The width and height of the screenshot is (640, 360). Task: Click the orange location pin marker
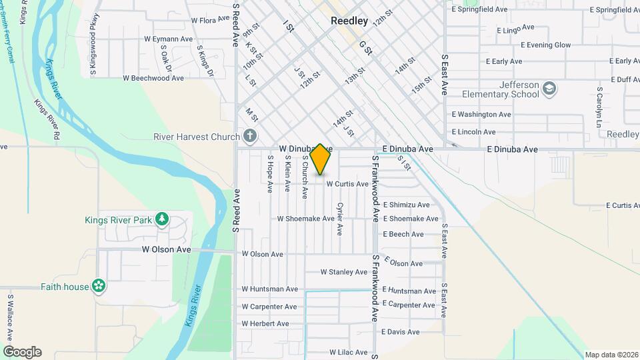321,159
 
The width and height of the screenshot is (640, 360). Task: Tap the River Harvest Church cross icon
250,137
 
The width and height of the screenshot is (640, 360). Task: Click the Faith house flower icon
99,286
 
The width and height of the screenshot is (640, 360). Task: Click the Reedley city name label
349,21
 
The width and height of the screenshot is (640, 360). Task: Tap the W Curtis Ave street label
347,183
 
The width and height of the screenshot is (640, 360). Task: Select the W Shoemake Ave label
305,218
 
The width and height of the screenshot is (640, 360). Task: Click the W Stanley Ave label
343,272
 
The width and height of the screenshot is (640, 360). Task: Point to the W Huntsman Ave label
269,289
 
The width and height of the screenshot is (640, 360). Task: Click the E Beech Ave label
403,234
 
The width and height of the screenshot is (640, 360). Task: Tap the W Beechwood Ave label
153,78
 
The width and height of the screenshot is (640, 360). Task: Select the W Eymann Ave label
168,39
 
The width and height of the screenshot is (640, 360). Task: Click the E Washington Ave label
481,115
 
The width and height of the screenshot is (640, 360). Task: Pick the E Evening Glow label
537,45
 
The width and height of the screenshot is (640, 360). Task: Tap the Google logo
22,352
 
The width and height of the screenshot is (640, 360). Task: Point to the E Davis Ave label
401,331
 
